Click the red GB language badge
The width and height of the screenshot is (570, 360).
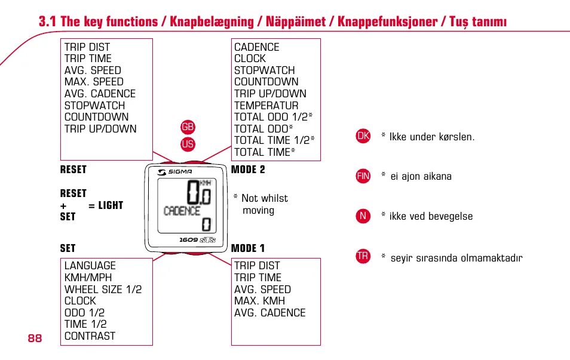click(x=188, y=127)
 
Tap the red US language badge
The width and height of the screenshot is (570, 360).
click(x=188, y=144)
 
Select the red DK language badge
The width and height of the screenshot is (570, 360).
click(x=363, y=136)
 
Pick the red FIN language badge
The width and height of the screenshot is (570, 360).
click(x=363, y=176)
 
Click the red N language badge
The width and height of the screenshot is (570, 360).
click(x=363, y=216)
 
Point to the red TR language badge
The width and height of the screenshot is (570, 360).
click(x=363, y=257)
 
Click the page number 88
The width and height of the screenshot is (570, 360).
click(x=35, y=339)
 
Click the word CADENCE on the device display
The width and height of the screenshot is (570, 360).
click(x=182, y=211)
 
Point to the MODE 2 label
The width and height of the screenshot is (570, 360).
click(x=248, y=170)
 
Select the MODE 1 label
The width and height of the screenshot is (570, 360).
click(x=248, y=248)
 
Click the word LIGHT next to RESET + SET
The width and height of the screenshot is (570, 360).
click(x=111, y=205)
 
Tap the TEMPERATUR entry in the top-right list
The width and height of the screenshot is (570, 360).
click(x=266, y=105)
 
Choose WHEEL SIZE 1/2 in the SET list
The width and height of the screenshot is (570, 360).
click(x=103, y=289)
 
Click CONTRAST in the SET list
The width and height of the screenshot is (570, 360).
click(x=90, y=336)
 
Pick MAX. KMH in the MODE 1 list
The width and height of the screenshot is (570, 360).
click(x=259, y=301)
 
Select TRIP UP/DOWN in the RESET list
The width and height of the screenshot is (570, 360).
click(x=100, y=128)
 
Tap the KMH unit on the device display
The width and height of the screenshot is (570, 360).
click(x=205, y=182)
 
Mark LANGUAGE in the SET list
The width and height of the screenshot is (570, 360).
click(x=90, y=266)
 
